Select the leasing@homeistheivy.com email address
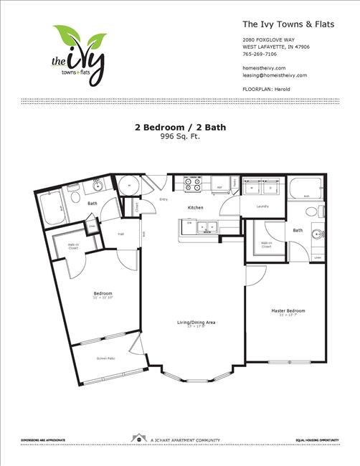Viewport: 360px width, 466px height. [x=275, y=75]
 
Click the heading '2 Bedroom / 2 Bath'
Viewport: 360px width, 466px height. [x=180, y=128]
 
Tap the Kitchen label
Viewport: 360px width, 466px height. [x=196, y=208]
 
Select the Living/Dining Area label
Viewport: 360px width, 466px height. [x=196, y=323]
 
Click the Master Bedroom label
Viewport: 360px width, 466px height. [x=288, y=310]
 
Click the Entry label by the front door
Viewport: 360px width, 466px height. [x=164, y=199]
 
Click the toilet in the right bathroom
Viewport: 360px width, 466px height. [x=313, y=212]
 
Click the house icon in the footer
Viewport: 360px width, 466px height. [x=136, y=437]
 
